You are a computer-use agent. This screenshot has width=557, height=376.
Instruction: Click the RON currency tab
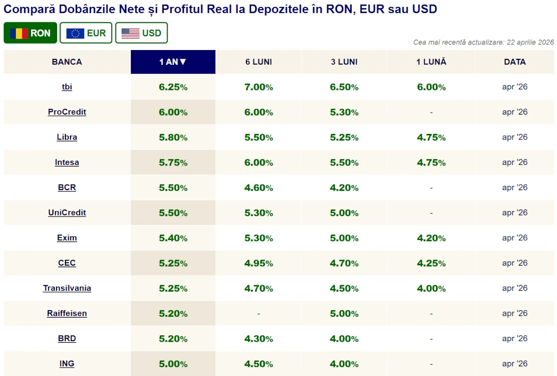30,33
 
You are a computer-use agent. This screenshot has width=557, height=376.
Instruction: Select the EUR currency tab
86,33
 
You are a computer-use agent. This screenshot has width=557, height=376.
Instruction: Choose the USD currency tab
141,33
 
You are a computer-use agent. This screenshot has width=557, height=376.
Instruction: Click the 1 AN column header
173,62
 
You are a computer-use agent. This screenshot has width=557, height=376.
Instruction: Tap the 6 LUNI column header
259,62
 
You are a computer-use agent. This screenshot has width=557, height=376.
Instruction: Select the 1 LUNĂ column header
431,62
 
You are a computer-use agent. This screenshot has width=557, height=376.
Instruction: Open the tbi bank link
67,87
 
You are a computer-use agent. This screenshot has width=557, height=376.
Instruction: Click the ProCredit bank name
67,112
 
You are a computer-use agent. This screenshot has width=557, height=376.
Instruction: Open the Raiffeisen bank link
67,313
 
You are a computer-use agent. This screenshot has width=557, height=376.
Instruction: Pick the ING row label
67,363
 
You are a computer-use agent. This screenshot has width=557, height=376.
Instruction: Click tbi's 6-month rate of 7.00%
259,87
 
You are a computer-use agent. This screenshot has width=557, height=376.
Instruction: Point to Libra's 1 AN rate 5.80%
173,137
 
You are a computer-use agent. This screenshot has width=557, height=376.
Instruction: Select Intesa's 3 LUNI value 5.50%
344,163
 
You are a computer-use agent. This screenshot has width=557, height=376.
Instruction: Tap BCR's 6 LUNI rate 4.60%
259,188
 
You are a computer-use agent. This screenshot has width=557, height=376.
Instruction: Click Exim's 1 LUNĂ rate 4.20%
431,238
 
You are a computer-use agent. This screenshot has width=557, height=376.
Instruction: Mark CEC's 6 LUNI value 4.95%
259,263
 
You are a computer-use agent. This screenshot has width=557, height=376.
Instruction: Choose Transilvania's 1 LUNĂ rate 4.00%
431,288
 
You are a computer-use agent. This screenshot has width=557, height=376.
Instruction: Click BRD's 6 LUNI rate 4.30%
259,339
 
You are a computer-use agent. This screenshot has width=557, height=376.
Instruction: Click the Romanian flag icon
19,33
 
